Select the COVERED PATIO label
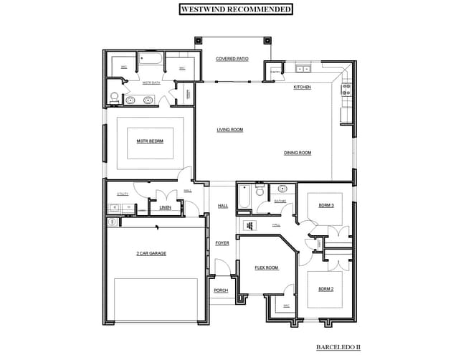click(232, 59)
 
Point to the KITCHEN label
click(303, 87)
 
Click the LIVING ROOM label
click(230, 130)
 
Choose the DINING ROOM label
click(298, 152)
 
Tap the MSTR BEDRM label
click(150, 141)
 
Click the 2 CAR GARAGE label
click(151, 253)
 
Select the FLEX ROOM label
click(266, 267)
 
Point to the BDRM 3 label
click(326, 205)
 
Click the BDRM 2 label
click(326, 289)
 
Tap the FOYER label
click(222, 243)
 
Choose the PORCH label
click(221, 290)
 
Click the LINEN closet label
click(165, 208)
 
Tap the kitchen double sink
click(303, 70)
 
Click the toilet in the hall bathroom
click(282, 189)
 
